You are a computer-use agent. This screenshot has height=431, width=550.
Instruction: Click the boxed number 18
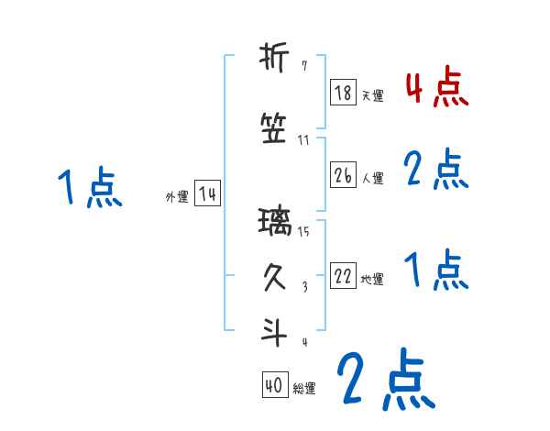point(343,94)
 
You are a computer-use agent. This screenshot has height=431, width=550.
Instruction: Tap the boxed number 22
point(343,277)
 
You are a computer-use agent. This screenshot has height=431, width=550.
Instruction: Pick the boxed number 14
point(207,194)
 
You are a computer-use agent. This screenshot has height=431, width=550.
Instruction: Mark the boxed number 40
point(274,386)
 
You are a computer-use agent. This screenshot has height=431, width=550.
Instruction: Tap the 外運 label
point(177,197)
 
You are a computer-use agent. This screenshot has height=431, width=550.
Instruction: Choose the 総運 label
point(303,389)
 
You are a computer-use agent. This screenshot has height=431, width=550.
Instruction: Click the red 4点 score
point(436,88)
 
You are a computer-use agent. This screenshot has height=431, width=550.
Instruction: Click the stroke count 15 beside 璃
point(303,232)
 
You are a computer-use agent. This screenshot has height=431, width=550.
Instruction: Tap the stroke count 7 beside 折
point(304,66)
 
